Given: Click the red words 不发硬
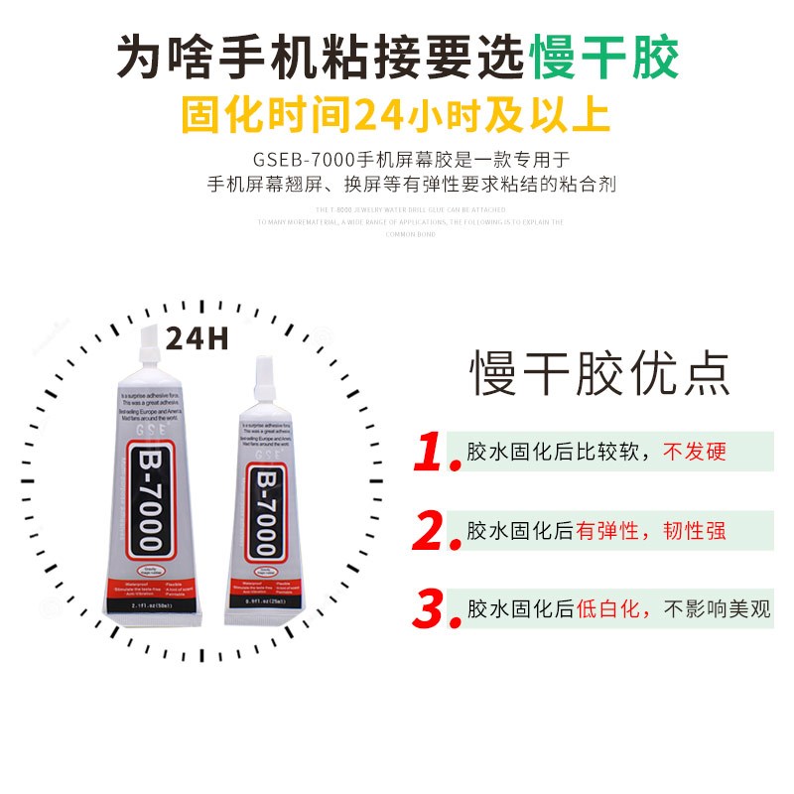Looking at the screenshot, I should tap(695, 453).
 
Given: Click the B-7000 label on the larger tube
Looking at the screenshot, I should tap(149, 501).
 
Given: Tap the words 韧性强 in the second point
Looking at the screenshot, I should tap(695, 531).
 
